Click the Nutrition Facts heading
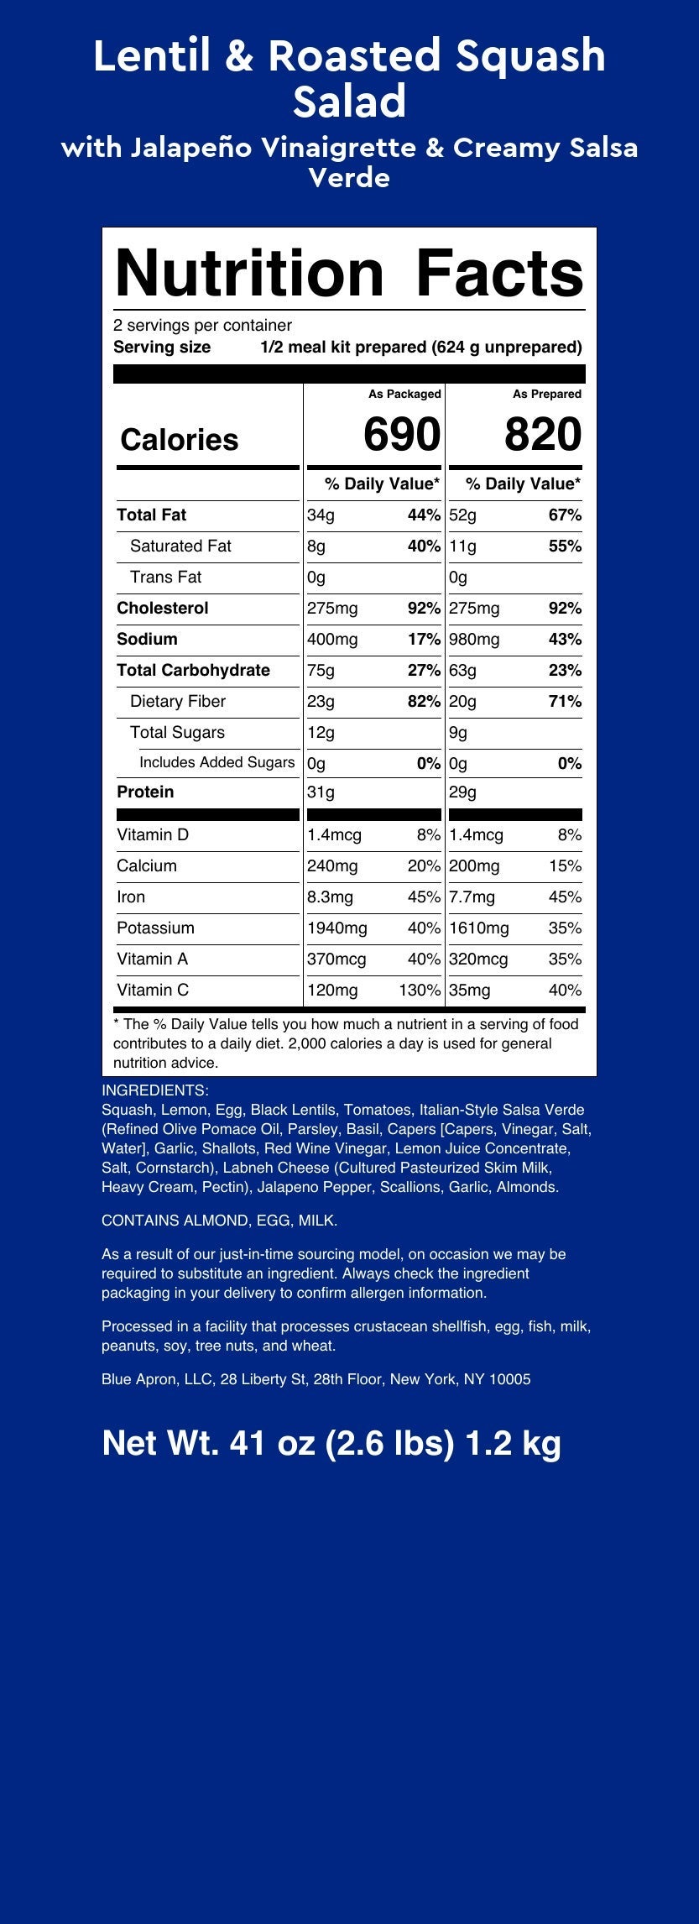[348, 273]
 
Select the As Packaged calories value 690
[401, 435]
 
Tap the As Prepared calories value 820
[542, 435]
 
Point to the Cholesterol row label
[163, 608]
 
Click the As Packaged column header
[404, 394]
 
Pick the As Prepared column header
[547, 394]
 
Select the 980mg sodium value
[476, 639]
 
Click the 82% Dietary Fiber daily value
[423, 701]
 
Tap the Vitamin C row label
[153, 990]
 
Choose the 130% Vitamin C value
[420, 990]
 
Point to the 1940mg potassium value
[337, 928]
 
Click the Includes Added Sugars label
[216, 762]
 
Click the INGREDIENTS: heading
[154, 1090]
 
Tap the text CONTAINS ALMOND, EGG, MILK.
[219, 1221]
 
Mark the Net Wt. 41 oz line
[331, 1443]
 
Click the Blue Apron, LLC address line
[316, 1378]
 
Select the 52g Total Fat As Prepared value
[462, 515]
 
